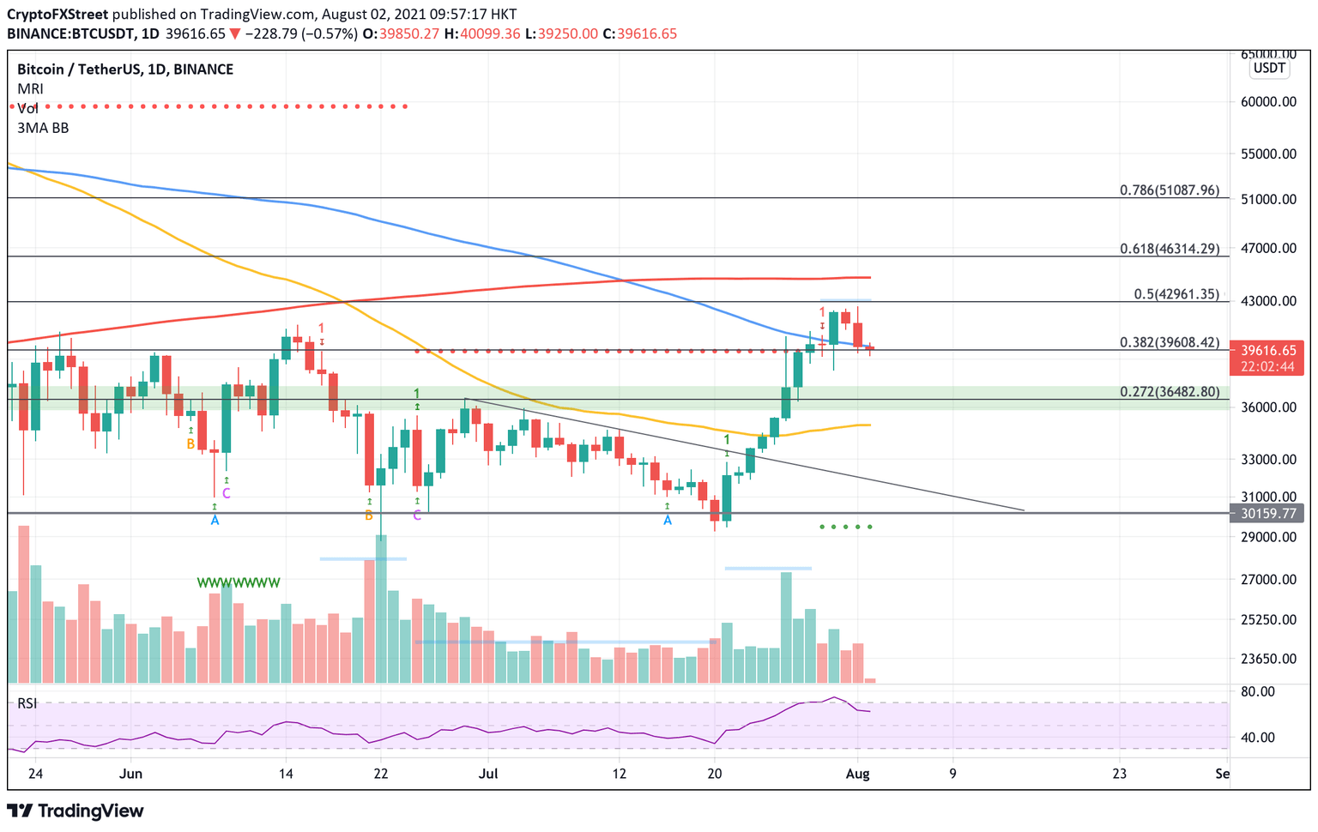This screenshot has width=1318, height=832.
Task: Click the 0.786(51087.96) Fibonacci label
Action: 1169,190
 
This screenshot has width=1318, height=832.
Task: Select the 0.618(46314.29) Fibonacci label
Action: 1169,249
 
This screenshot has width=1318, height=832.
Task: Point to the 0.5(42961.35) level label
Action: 1176,294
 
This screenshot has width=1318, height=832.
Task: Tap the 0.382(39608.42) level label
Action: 1169,342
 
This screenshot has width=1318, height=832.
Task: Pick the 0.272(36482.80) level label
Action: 1169,392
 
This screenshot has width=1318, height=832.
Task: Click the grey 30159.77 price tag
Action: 1268,514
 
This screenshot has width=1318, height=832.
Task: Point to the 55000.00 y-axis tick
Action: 1270,154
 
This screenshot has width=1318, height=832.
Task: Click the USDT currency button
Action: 1269,68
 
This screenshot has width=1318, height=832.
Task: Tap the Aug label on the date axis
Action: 857,774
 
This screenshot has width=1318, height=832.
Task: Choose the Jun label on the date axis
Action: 130,774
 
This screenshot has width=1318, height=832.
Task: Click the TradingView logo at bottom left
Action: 76,811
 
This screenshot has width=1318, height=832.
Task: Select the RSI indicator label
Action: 27,703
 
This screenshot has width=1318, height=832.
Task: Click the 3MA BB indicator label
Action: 43,128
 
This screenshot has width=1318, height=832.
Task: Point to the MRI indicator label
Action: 30,89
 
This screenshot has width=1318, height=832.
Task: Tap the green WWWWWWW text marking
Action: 239,583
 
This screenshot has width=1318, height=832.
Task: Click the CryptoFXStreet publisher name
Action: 57,15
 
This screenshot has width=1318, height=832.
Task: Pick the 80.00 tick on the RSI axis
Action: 1258,691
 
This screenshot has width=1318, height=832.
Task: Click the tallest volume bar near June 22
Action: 381,609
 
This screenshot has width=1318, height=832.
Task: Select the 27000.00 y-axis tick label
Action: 1270,580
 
